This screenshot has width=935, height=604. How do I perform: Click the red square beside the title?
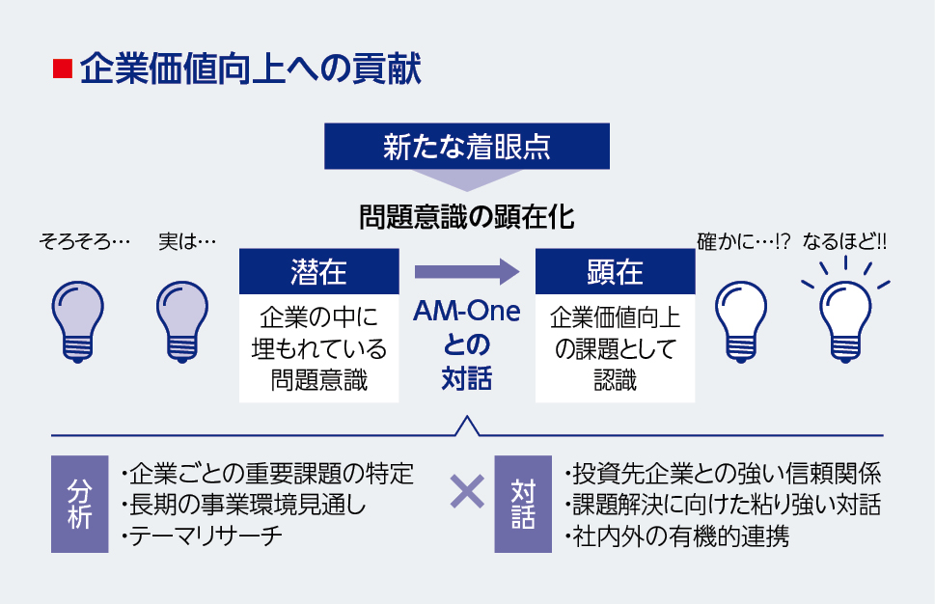[62, 69]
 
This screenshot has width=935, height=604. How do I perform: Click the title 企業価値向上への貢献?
[249, 69]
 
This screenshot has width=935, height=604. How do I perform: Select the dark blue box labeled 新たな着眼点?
[467, 146]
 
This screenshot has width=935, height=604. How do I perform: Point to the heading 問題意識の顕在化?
[467, 215]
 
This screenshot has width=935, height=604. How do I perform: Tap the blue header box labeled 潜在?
[318, 271]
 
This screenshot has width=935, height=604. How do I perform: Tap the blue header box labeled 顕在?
[615, 271]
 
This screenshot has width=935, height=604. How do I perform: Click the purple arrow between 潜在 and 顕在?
[467, 272]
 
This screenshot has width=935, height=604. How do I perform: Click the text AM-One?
[467, 312]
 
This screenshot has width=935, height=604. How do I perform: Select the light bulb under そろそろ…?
[78, 319]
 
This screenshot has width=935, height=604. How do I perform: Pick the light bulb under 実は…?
[182, 319]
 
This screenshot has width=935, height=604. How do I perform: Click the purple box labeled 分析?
[79, 504]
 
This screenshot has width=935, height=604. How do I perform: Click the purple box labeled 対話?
[522, 504]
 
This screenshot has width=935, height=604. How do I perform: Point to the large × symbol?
[467, 492]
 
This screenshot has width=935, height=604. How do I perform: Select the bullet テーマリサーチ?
[202, 537]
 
